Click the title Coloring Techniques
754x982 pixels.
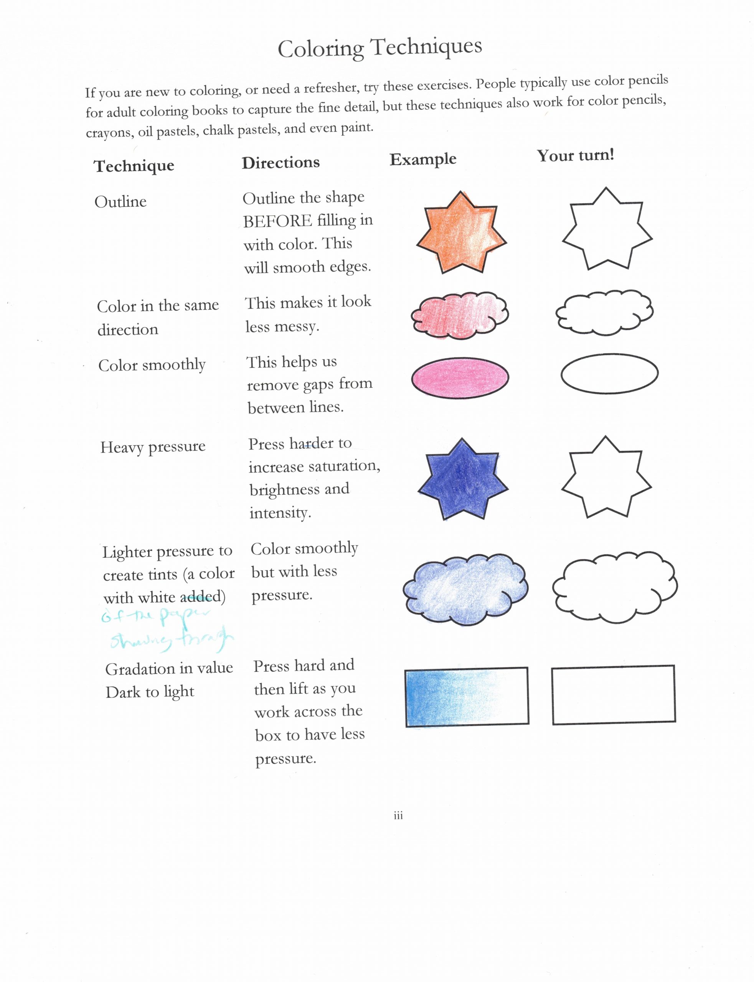[x=380, y=48]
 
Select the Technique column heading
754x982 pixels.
[x=134, y=166]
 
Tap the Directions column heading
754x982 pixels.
[x=280, y=162]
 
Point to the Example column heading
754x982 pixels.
[x=423, y=159]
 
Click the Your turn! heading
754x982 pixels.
[x=575, y=156]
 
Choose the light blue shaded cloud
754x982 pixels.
[x=465, y=588]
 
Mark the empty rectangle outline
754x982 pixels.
[x=613, y=694]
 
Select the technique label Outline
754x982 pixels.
[x=120, y=201]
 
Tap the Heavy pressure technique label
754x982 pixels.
[x=153, y=447]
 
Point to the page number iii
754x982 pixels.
[x=398, y=816]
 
